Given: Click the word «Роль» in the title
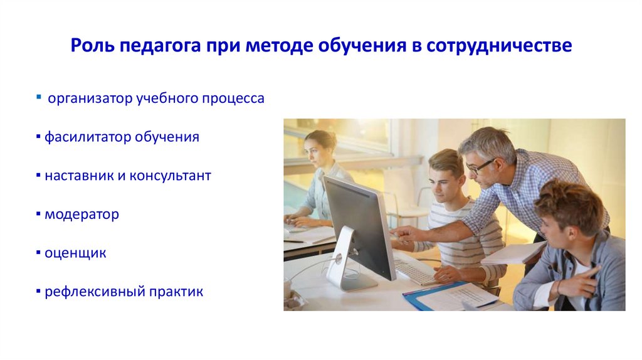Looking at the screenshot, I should tap(92, 46).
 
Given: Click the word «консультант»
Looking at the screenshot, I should tap(171, 176).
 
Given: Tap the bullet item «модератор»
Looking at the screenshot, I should tap(82, 214).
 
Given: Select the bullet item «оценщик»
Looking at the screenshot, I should tap(75, 253).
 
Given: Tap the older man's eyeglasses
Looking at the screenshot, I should tap(480, 167).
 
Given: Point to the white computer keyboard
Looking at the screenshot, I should tap(417, 271).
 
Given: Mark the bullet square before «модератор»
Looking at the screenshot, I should tap(39, 215).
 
